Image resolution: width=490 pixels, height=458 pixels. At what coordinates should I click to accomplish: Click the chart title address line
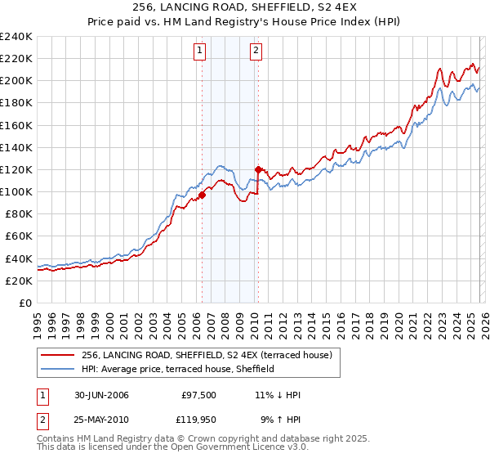pos(244,7)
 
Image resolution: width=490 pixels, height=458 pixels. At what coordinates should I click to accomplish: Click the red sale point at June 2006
pos(202,195)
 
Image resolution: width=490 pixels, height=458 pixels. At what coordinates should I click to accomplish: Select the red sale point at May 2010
pos(258,169)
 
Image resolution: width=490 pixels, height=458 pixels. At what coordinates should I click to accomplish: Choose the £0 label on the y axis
pos(24,303)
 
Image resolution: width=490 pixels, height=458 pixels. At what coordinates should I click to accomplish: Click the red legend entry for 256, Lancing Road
pos(207,355)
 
